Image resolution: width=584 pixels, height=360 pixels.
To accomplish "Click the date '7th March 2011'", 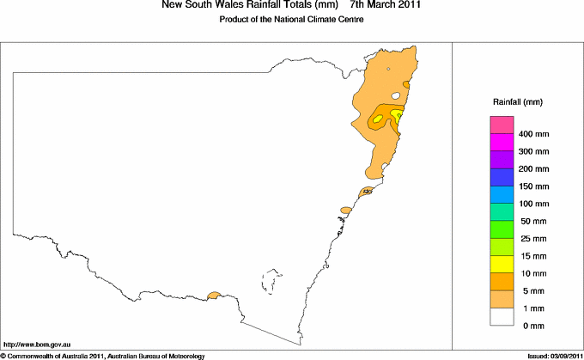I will click(x=386, y=6).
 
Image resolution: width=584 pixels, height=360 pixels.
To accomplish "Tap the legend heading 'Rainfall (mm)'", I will click(x=517, y=102).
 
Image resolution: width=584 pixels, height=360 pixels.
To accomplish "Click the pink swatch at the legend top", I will click(x=501, y=125).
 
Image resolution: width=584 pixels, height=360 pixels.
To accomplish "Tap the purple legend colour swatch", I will click(x=501, y=160).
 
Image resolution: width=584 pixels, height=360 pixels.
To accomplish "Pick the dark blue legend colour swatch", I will click(x=501, y=177).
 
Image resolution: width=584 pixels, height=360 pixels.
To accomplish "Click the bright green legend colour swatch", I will click(x=501, y=229).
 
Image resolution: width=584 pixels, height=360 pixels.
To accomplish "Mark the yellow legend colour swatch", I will click(x=501, y=264).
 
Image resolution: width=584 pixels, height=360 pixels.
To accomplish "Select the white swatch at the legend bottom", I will click(x=501, y=316).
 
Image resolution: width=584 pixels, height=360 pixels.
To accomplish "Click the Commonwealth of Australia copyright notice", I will click(x=102, y=355).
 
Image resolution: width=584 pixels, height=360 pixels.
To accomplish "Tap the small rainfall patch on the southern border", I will click(x=214, y=296).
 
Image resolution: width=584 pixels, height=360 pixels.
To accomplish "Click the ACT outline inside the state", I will click(x=273, y=282).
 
